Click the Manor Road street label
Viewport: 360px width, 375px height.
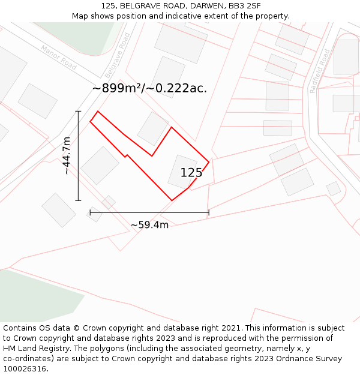coord(58,57)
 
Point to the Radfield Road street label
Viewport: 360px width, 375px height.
coord(320,70)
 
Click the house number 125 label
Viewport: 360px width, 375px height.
coord(191,173)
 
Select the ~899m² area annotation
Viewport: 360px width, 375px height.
coord(149,88)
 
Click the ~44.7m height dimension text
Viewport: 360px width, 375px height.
coord(67,155)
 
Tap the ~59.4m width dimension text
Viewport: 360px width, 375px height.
coord(149,225)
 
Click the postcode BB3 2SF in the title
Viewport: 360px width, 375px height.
coord(245,6)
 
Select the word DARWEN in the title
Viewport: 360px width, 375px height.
coord(208,6)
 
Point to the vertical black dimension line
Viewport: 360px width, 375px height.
coord(78,155)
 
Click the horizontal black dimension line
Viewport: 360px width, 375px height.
coord(149,212)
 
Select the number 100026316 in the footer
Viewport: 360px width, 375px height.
coord(25,369)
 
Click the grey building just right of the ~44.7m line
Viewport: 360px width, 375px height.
coord(100,166)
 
